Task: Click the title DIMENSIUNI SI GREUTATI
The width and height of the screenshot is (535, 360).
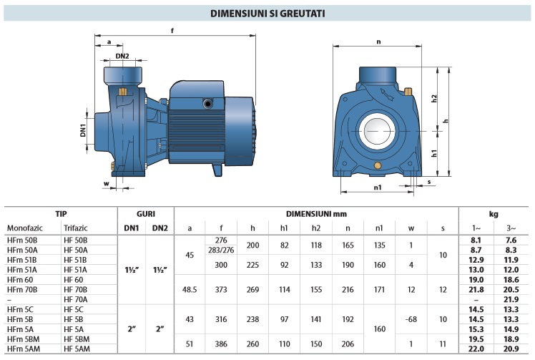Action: (267, 13)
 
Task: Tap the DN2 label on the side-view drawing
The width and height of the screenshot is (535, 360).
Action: (122, 56)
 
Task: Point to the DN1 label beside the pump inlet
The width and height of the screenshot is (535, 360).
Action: (84, 130)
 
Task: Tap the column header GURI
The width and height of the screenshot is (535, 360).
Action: (145, 213)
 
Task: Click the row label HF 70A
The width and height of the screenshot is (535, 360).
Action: (76, 298)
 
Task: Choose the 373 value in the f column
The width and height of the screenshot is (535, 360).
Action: (220, 289)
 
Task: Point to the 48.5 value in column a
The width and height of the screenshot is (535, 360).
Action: (190, 289)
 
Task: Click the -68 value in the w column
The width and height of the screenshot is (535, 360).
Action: (411, 318)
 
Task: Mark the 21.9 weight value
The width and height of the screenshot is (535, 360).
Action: (510, 298)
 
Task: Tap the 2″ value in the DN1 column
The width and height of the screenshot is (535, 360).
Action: (132, 329)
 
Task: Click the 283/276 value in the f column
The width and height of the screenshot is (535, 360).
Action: (220, 249)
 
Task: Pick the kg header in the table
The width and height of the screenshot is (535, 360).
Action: (493, 213)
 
